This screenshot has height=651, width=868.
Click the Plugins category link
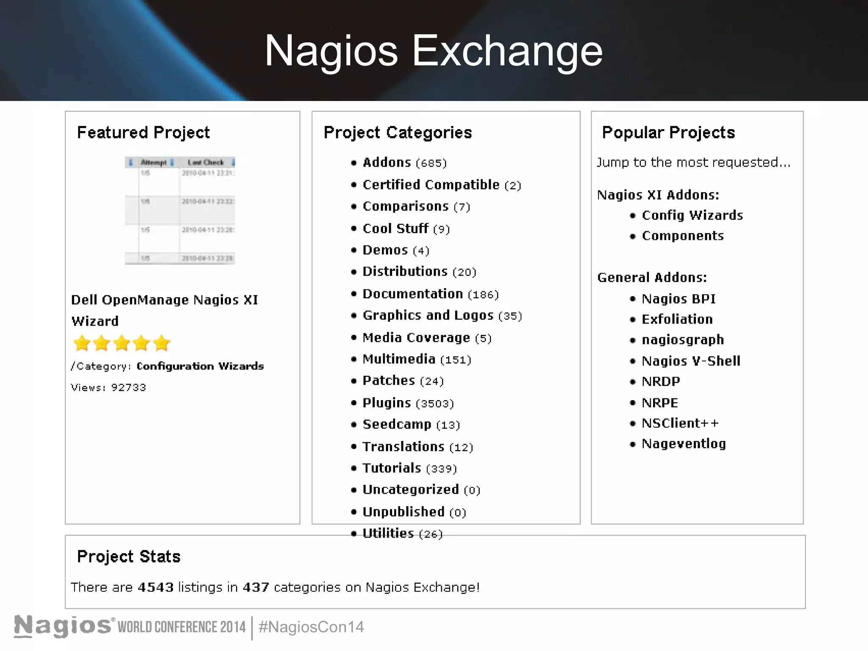pos(387,403)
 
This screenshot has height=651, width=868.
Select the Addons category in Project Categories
pos(387,162)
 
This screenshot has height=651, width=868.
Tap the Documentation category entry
pos(412,294)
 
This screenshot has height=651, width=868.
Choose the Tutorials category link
pos(392,468)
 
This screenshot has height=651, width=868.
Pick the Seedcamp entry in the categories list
pos(397,424)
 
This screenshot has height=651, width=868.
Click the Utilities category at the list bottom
pos(388,533)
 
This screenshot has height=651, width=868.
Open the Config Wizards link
pos(692,215)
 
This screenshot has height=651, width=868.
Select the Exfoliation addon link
pos(677,319)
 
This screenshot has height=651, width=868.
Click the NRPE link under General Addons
pos(659,403)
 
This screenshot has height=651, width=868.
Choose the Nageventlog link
pos(684,444)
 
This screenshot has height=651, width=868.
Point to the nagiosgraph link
pos(682,340)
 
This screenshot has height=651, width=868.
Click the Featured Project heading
pos(143,133)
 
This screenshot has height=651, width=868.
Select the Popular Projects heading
pos(668,133)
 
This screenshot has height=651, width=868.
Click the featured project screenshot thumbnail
pos(180,210)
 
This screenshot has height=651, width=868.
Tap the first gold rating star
pos(82,343)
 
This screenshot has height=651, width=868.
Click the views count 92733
pos(128,387)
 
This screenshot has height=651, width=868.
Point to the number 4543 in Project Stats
pos(156,587)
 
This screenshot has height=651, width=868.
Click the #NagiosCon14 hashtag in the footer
pos(311,627)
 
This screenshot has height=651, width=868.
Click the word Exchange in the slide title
pos(507,51)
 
